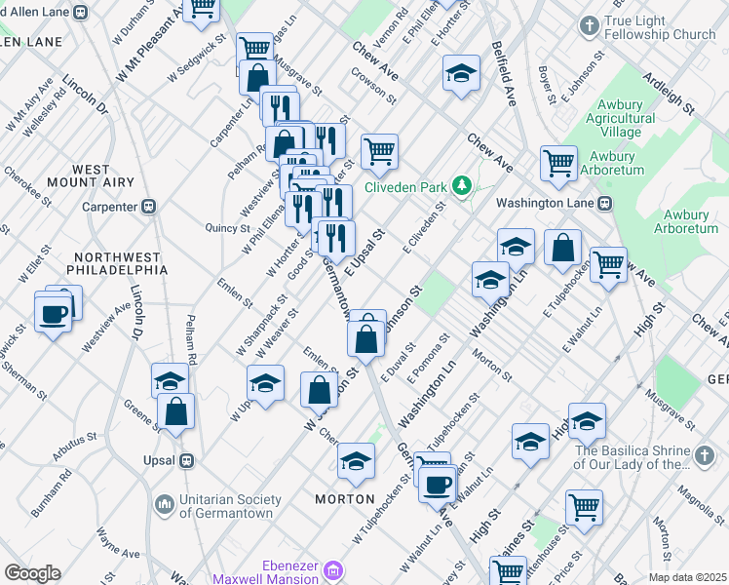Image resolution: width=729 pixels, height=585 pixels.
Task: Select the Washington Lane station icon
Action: [604, 203]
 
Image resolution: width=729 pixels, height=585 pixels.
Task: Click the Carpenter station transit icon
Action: [149, 206]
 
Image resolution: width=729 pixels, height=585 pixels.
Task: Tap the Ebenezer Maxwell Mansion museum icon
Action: [332, 568]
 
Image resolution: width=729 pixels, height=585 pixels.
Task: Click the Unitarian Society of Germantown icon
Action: [163, 503]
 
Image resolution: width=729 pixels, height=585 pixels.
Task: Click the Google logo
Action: [32, 573]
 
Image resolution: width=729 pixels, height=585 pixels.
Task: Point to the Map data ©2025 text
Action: [687, 577]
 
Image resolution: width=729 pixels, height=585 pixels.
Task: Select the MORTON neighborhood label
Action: [345, 498]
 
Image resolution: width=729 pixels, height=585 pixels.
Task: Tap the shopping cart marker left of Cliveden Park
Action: [379, 151]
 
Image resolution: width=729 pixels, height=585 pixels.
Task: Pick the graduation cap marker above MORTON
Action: [356, 460]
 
